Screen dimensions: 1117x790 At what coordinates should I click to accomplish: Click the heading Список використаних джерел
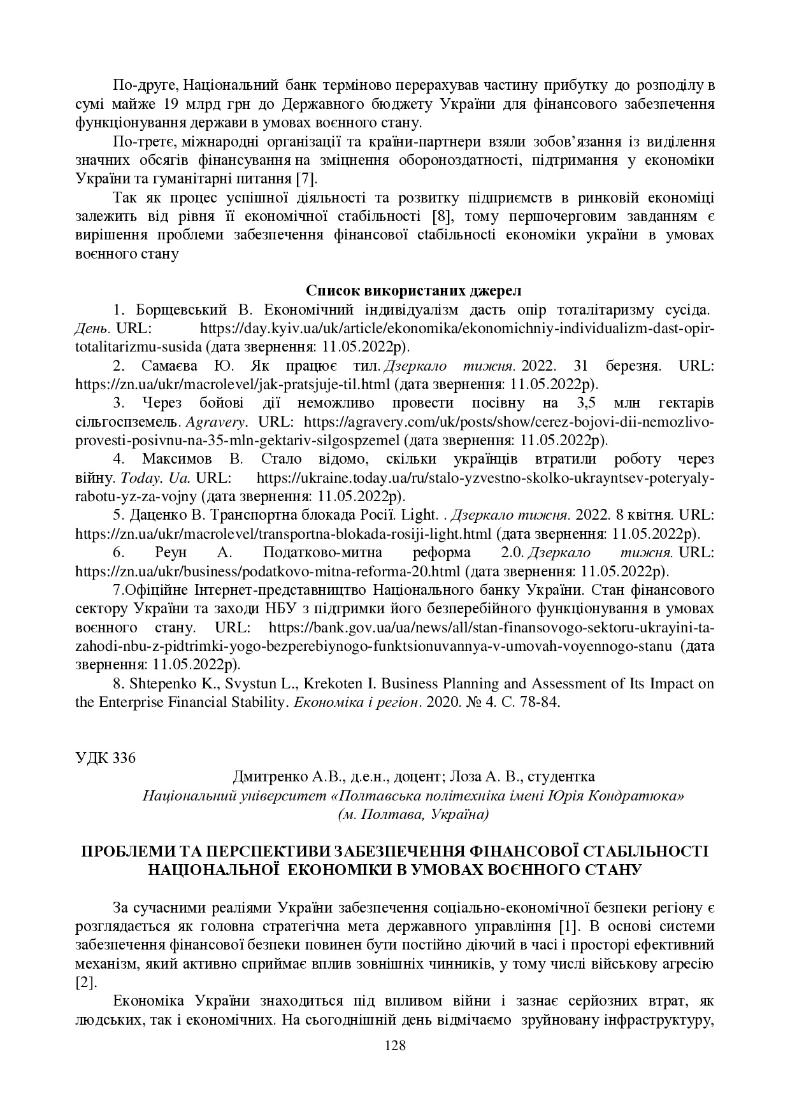click(x=414, y=291)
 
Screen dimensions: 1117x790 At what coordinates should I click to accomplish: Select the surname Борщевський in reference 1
click(x=182, y=310)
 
